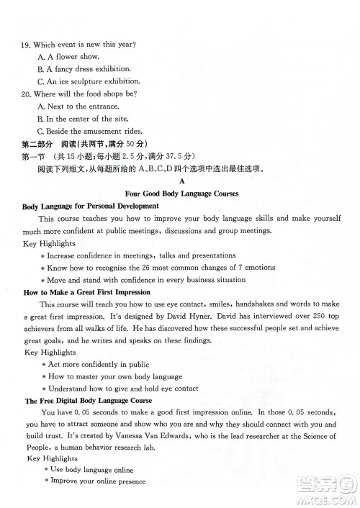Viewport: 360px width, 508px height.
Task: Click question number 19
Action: [x=25, y=45]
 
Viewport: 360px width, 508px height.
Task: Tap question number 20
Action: [x=25, y=94]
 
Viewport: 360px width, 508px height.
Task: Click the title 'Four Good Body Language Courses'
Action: [x=181, y=194]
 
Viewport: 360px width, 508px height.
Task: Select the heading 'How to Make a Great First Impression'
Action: [x=87, y=292]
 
